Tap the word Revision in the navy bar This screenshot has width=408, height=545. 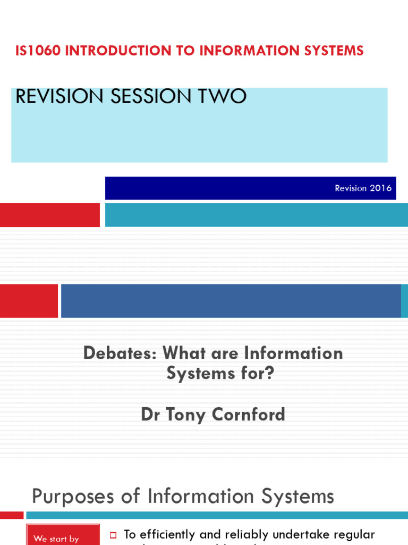[x=351, y=188]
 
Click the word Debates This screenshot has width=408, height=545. [x=120, y=353]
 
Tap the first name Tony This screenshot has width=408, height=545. [x=186, y=415]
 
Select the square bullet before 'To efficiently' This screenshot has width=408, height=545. [x=113, y=535]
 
